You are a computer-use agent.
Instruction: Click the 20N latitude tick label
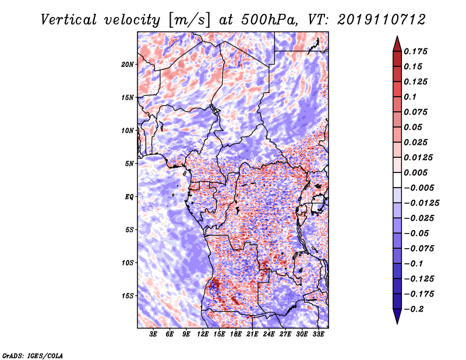tap(128, 65)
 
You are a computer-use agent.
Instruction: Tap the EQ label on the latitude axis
tap(129, 197)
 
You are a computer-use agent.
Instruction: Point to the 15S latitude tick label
tap(128, 296)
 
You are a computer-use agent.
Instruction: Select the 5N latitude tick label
tap(129, 164)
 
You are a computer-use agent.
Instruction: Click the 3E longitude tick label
tap(153, 334)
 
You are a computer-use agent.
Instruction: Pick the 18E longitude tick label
tap(235, 334)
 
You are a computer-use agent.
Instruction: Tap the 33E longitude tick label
tap(318, 334)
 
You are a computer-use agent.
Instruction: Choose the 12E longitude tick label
tap(202, 334)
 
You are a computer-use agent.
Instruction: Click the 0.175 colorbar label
tap(416, 51)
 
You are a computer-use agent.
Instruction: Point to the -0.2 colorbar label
tap(414, 309)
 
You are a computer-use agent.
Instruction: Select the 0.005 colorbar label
tap(416, 172)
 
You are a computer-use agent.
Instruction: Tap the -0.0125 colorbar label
tap(421, 203)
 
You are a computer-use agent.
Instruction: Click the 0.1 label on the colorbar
tap(410, 97)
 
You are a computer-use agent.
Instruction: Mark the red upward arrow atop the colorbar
tap(397, 44)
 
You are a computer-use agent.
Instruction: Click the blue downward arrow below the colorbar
tap(397, 316)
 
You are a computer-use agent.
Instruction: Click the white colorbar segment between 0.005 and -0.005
tap(397, 180)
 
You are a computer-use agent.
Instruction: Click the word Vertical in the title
tap(69, 20)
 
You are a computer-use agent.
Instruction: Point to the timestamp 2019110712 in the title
tap(382, 20)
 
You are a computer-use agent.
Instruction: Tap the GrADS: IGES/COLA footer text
tap(33, 356)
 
